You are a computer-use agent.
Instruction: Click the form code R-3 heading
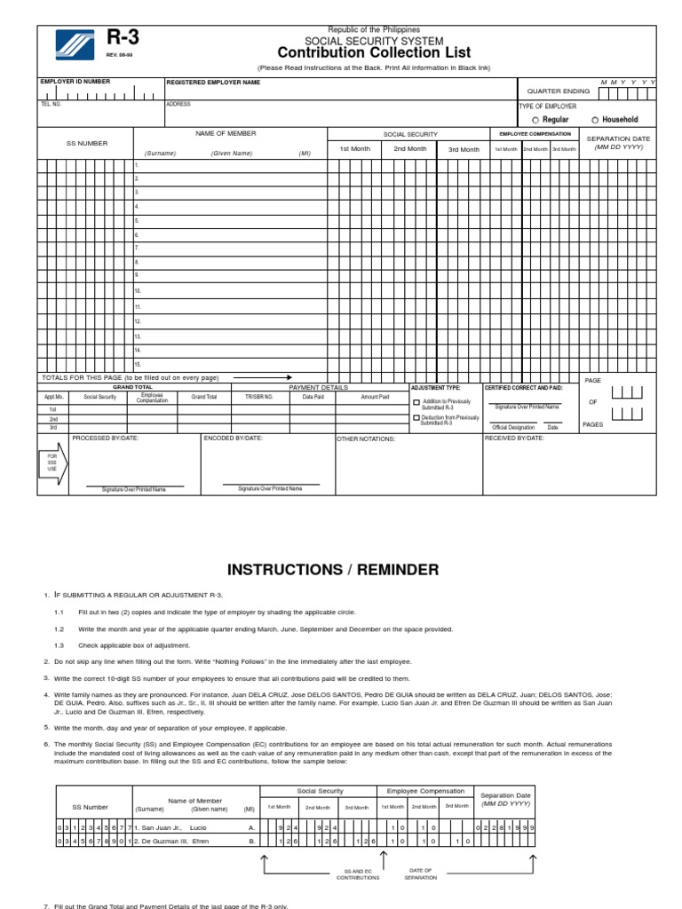123,38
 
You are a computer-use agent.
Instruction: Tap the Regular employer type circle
535,120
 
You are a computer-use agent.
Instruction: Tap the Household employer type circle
595,120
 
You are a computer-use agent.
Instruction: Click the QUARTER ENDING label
558,91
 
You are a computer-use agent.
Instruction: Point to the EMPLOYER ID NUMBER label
75,82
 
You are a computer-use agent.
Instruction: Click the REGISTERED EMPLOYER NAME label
213,82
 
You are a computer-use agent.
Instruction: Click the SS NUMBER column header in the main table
86,143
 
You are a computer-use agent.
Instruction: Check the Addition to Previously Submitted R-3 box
416,402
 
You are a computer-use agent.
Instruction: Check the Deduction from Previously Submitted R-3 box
416,417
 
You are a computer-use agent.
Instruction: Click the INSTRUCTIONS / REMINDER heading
333,569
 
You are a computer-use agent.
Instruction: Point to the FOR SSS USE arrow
52,464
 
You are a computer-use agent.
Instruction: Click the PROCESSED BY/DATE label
105,439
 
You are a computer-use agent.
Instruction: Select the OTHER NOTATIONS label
366,439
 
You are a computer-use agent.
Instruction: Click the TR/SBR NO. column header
259,397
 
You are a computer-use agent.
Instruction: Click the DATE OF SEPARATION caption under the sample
420,873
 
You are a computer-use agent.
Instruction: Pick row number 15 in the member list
138,365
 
